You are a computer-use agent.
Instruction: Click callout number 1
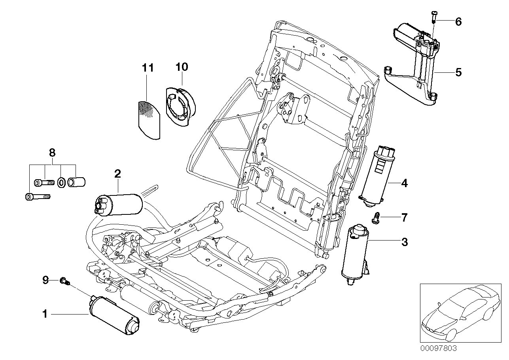pyautogui.click(x=45, y=315)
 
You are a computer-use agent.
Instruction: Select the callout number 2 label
pyautogui.click(x=117, y=173)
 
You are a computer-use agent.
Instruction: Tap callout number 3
pyautogui.click(x=404, y=242)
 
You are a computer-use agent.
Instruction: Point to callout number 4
pyautogui.click(x=404, y=183)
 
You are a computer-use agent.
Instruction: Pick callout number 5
pyautogui.click(x=458, y=72)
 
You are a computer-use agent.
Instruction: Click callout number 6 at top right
pyautogui.click(x=458, y=22)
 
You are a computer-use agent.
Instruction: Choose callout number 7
pyautogui.click(x=404, y=217)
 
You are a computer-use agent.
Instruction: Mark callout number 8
pyautogui.click(x=52, y=152)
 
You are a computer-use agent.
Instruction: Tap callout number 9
pyautogui.click(x=45, y=280)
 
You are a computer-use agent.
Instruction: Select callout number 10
pyautogui.click(x=182, y=67)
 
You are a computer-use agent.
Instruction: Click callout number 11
pyautogui.click(x=148, y=68)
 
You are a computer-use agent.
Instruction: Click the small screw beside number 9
pyautogui.click(x=64, y=281)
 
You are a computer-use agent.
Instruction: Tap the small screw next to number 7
pyautogui.click(x=377, y=217)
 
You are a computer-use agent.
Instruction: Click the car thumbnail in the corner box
pyautogui.click(x=459, y=313)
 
